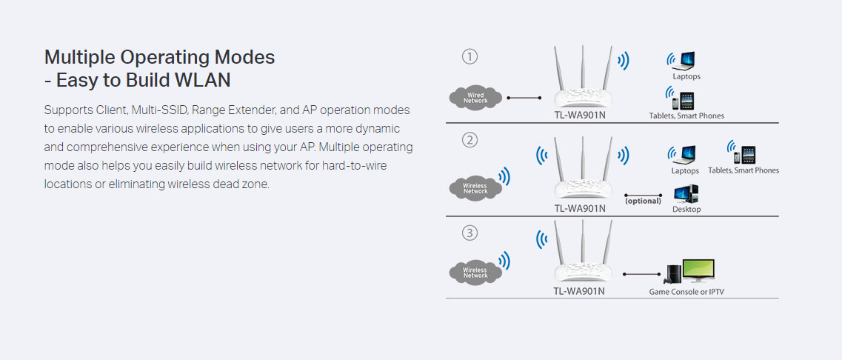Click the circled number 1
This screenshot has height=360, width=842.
pos(470,57)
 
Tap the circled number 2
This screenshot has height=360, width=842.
pos(470,141)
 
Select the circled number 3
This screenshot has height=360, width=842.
pos(470,233)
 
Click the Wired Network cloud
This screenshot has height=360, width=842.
pos(475,98)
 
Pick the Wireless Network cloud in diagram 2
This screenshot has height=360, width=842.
pos(475,188)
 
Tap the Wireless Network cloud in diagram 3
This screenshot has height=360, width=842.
pos(475,273)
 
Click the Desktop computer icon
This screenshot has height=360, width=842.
pos(686,194)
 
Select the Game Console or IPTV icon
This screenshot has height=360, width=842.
pos(691,271)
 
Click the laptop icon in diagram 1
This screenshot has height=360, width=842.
pos(684,61)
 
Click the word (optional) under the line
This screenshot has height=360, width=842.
pos(643,201)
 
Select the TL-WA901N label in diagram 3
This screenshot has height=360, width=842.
pos(579,291)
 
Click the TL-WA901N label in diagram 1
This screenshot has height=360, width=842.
pos(579,115)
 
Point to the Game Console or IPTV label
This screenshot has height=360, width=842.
pos(691,293)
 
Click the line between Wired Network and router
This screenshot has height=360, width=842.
pos(524,98)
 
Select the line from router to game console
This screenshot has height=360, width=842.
pos(642,275)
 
